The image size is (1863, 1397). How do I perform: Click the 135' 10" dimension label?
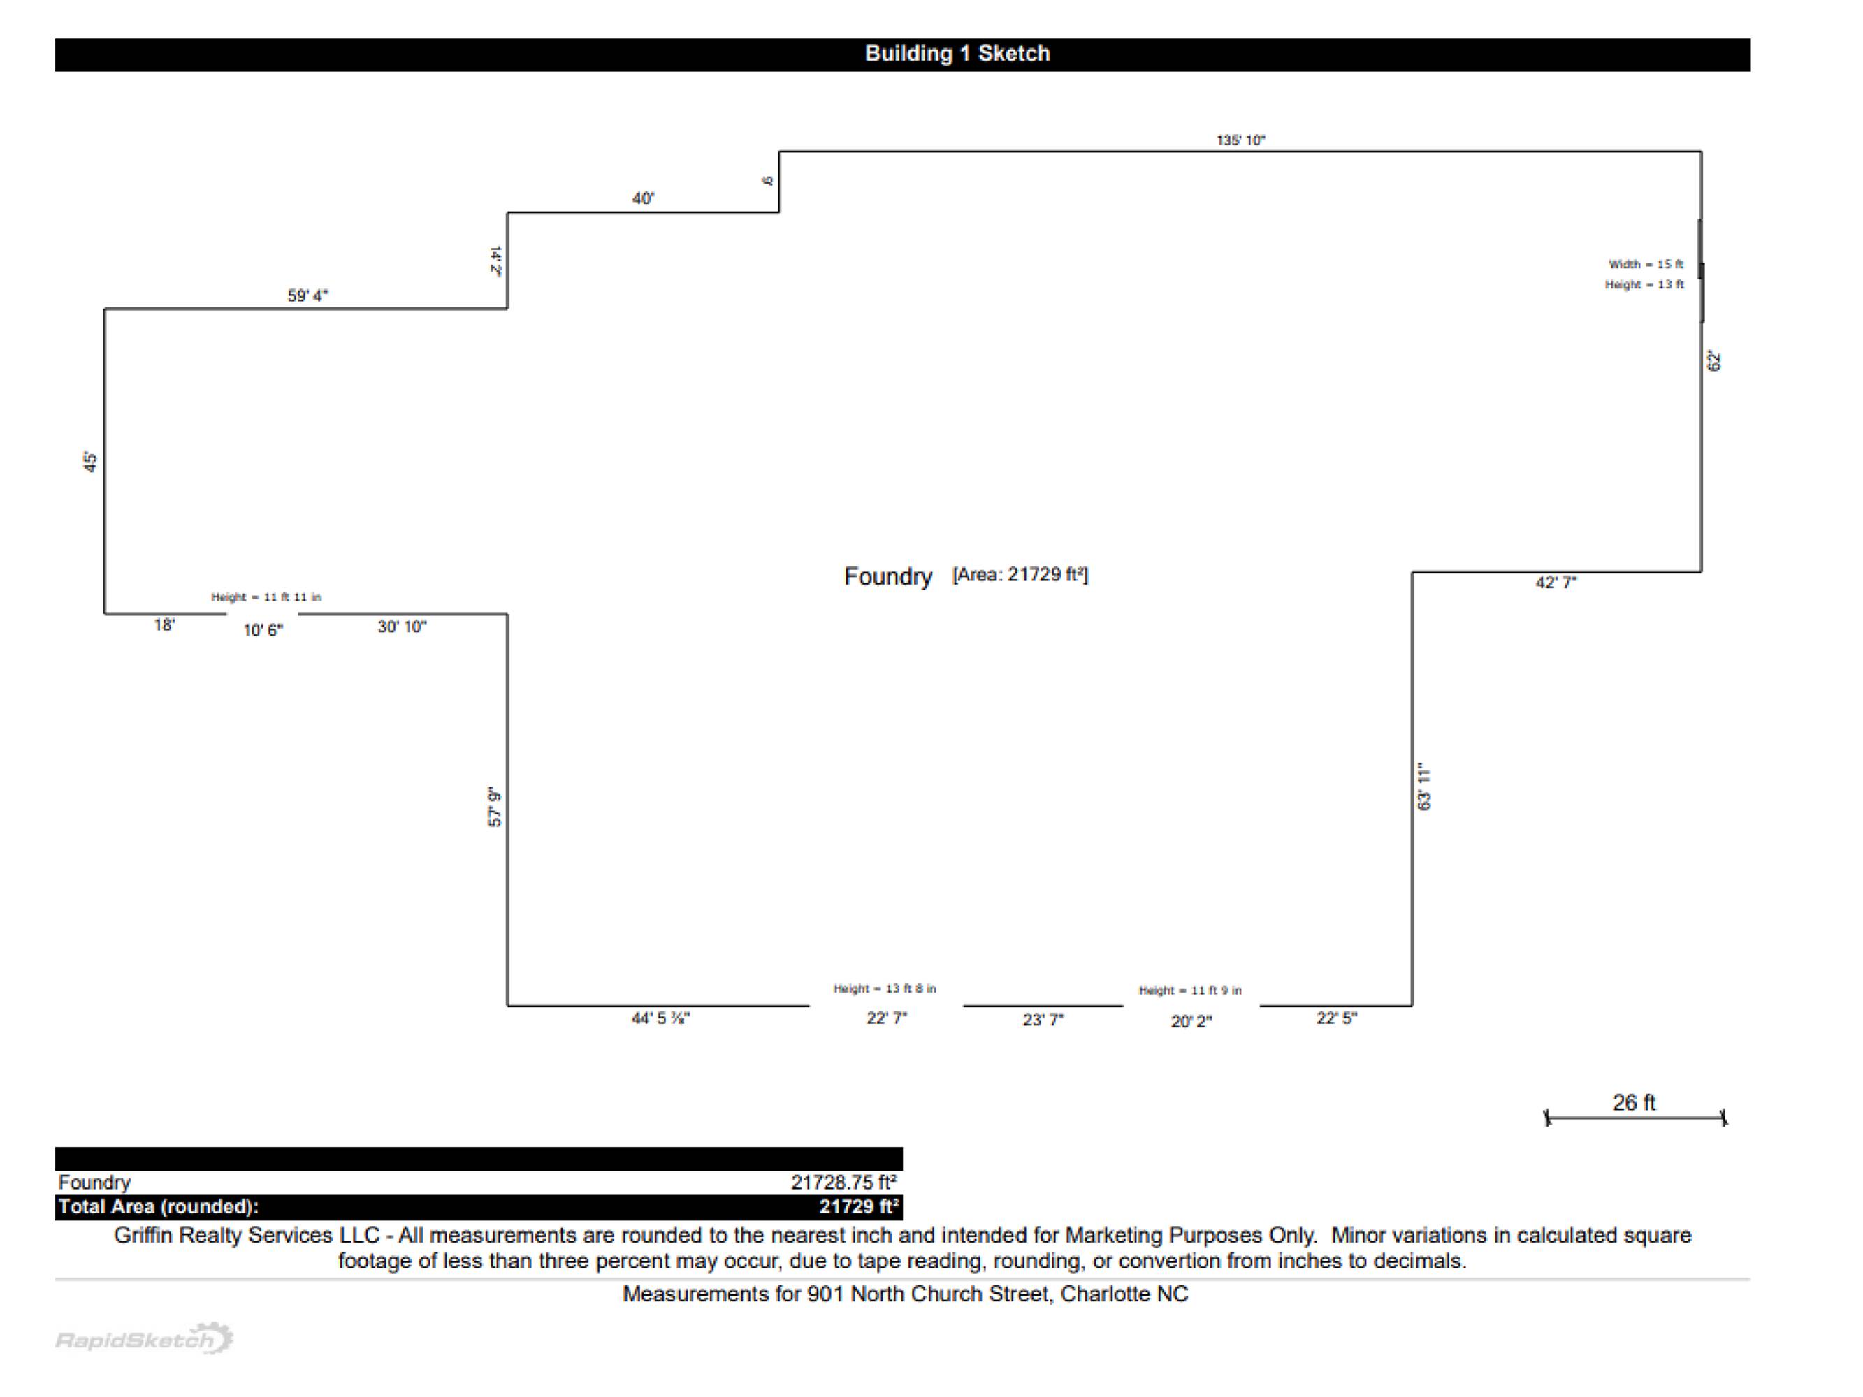(x=1240, y=140)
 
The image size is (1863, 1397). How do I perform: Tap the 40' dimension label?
(x=643, y=199)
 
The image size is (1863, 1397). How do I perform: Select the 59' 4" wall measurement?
(x=307, y=295)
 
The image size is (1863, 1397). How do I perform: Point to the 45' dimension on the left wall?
(x=90, y=462)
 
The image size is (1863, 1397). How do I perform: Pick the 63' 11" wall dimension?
(x=1424, y=787)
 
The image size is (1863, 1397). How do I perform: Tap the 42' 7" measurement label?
(x=1556, y=583)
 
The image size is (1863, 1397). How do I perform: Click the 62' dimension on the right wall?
(x=1714, y=360)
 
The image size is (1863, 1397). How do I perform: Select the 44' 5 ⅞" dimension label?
(x=660, y=1018)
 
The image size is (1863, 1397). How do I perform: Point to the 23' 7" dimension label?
(x=1043, y=1020)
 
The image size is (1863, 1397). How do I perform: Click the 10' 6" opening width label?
(x=263, y=631)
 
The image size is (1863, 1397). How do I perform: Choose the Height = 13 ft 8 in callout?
(x=885, y=988)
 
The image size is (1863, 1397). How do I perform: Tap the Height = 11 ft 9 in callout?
(x=1189, y=990)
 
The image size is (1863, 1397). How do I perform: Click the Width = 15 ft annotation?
(x=1645, y=265)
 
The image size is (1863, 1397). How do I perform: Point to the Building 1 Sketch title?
(x=957, y=54)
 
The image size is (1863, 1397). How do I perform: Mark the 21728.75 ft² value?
(x=843, y=1183)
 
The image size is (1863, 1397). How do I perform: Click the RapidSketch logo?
(x=144, y=1338)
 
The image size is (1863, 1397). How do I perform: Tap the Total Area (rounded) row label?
(x=159, y=1207)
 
